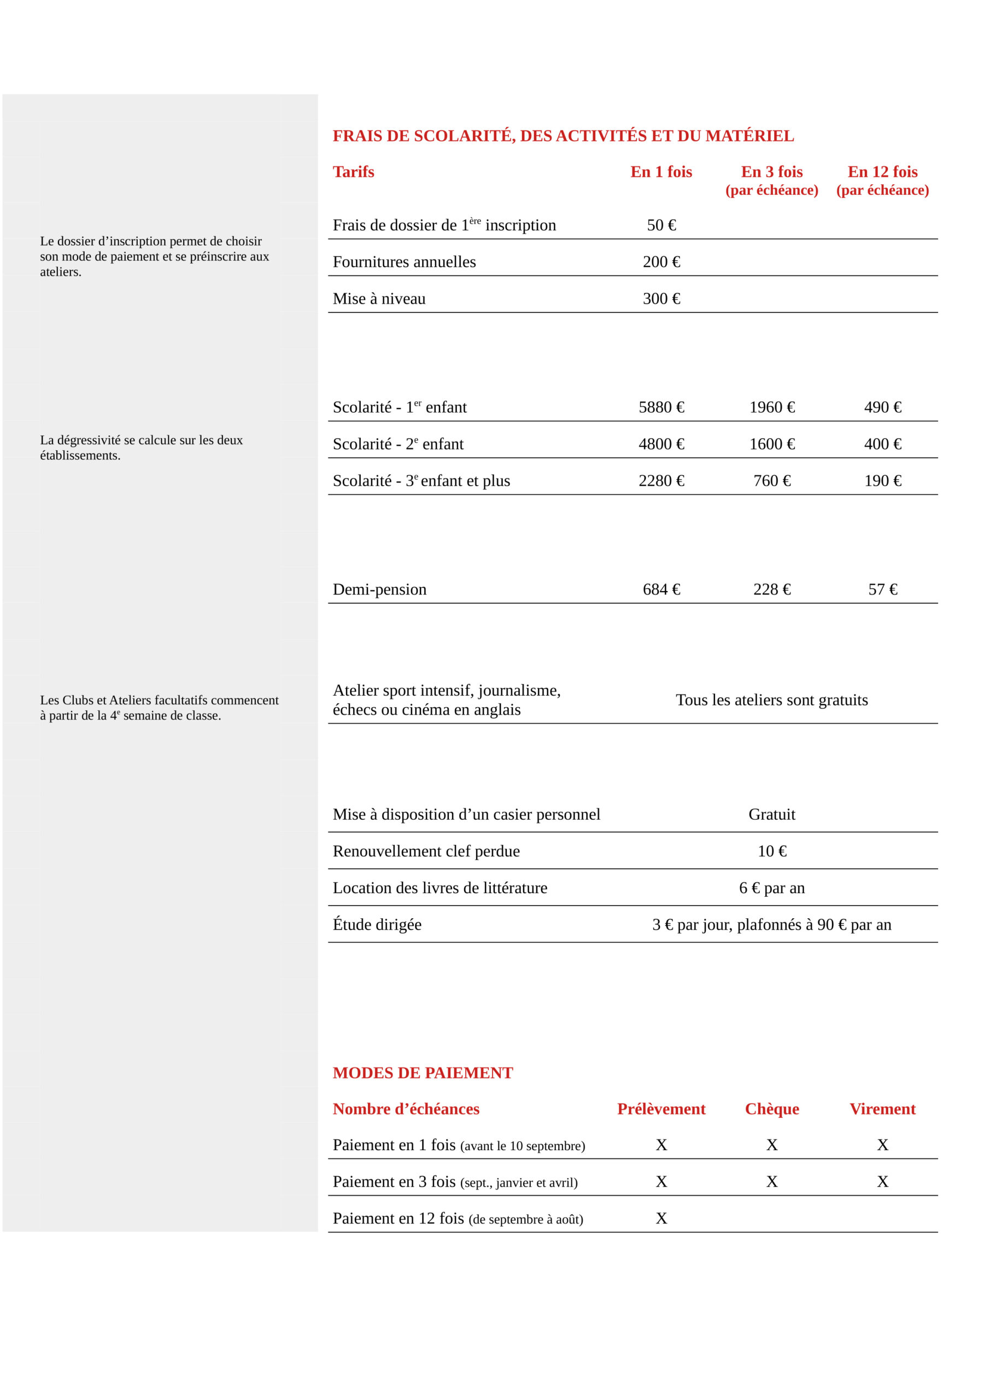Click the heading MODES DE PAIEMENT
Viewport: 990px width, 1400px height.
[423, 1073]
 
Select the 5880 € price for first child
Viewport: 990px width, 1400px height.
[661, 407]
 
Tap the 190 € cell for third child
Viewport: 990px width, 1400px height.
[882, 481]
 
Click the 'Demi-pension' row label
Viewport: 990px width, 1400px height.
[379, 590]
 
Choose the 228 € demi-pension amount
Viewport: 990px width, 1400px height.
[772, 590]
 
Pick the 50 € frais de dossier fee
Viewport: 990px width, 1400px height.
[661, 226]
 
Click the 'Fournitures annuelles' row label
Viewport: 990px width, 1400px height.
[404, 262]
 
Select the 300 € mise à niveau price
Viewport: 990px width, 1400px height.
[661, 299]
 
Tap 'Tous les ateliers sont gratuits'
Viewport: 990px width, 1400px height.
[772, 700]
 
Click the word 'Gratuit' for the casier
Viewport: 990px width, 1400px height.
[772, 815]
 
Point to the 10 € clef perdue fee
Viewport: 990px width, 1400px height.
[772, 851]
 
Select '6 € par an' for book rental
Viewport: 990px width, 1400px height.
[772, 889]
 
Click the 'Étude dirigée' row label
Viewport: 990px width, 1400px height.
[377, 925]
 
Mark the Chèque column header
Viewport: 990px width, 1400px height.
[772, 1109]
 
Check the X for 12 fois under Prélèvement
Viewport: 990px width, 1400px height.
[661, 1219]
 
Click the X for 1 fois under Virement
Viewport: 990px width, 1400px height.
[882, 1145]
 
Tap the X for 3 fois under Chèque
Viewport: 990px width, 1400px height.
[772, 1182]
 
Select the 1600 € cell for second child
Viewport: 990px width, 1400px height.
[772, 445]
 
